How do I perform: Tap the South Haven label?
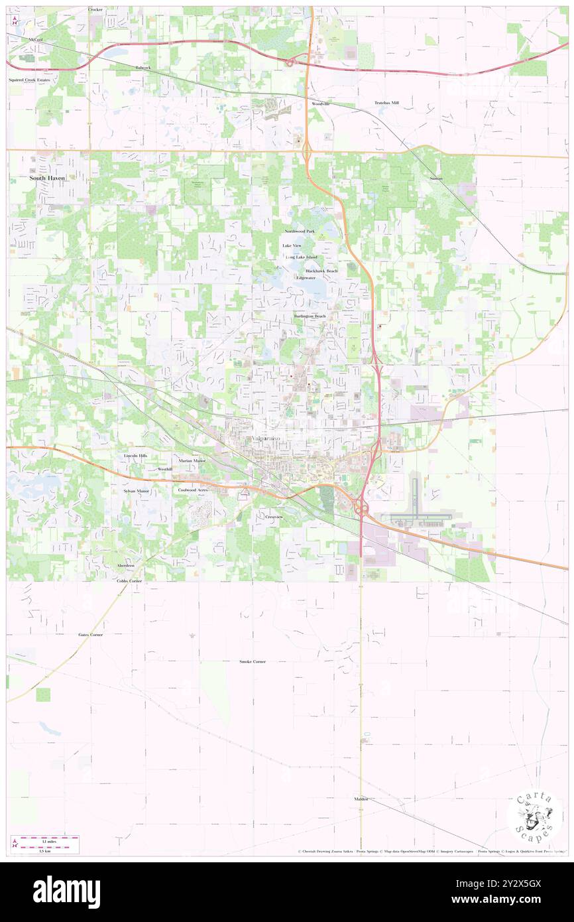pos(50,178)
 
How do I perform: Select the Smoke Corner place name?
pos(253,662)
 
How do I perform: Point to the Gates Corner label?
pos(91,635)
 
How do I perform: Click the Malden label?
pos(361,799)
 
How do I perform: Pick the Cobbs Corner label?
pos(129,580)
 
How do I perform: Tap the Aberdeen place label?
pos(126,565)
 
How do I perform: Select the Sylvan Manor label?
pos(137,491)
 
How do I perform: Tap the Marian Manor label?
pos(192,460)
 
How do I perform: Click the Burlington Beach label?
pos(310,316)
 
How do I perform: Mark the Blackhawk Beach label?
pos(321,271)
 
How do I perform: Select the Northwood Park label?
pos(300,231)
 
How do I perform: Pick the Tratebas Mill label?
pos(386,103)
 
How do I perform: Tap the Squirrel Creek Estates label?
pos(29,80)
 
